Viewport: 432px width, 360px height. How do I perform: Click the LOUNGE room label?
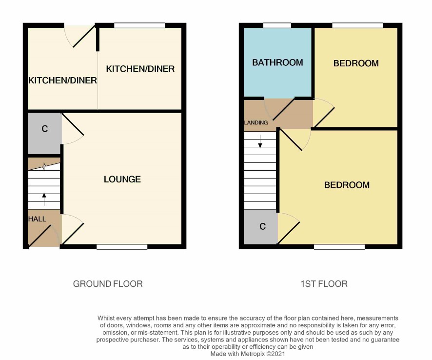122,180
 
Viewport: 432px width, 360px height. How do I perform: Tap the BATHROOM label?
277,62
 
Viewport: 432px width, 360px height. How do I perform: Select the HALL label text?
37,219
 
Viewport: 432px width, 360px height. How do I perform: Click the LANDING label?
256,122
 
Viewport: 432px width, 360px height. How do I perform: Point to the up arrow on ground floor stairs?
44,200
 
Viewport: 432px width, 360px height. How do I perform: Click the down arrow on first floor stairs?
260,141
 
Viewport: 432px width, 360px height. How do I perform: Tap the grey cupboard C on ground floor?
44,134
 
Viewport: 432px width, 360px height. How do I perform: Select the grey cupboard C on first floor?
261,226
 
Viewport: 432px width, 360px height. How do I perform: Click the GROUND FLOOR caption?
108,284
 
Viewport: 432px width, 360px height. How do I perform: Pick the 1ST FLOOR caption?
324,284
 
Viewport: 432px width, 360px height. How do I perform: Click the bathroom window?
277,26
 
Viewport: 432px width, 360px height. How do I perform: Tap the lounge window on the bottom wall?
122,247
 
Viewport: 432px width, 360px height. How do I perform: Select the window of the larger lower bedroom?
339,247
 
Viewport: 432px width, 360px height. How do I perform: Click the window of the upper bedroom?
357,26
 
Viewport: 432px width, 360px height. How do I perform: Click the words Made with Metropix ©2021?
248,354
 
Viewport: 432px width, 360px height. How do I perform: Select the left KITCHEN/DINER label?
62,80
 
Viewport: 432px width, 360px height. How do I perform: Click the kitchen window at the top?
139,26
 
